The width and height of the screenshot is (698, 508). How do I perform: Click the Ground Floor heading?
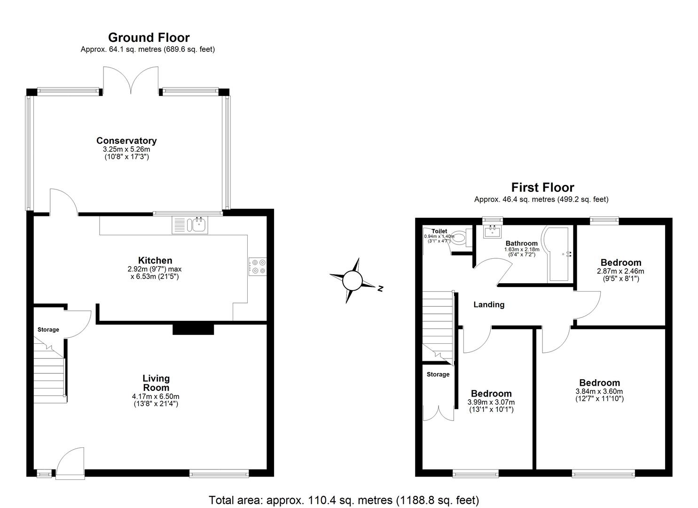[x=149, y=38]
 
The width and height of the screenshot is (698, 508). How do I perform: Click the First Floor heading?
[x=542, y=188]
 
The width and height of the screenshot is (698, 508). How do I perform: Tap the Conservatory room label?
[x=126, y=141]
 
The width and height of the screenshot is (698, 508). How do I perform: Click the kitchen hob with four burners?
[x=257, y=267]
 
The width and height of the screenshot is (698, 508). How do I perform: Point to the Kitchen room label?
[x=155, y=261]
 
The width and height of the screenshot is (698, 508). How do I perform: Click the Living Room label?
[x=156, y=383]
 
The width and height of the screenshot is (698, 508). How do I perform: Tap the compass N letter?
[x=381, y=288]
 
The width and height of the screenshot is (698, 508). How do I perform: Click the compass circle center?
[x=352, y=281]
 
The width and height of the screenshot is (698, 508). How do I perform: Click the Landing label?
[x=489, y=305]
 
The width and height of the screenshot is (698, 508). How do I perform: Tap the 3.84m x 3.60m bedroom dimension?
[x=599, y=391]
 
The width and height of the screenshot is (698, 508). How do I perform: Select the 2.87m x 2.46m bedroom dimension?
[x=620, y=271]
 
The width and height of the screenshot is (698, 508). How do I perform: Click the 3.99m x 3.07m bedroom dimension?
[x=491, y=402]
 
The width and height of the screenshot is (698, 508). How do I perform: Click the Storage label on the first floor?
[x=438, y=374]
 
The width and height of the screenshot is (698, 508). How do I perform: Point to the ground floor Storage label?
[x=48, y=330]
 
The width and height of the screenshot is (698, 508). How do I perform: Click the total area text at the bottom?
[x=344, y=500]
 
